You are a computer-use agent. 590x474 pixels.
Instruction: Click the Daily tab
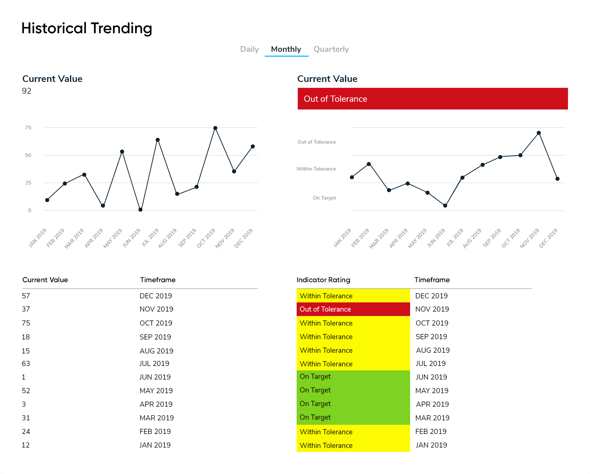(249, 49)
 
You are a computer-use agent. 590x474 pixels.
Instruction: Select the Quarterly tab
(331, 49)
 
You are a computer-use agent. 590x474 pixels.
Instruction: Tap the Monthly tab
(286, 49)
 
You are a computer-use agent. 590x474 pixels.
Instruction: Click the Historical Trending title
(87, 28)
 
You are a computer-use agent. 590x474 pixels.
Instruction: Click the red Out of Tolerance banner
(432, 99)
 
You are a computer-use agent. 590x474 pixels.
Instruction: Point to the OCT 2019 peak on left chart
(215, 128)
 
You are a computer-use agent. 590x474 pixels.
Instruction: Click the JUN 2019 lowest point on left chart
(140, 210)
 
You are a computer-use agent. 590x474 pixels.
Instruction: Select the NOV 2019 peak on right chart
(539, 133)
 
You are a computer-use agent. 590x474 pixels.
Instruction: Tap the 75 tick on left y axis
(28, 128)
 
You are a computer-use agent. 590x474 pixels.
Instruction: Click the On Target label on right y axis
(324, 198)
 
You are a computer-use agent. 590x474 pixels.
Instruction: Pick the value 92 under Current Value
(26, 91)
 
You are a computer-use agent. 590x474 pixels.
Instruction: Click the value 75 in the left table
(26, 323)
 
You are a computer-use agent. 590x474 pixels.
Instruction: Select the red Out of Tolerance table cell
(353, 309)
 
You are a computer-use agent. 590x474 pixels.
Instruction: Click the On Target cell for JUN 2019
(353, 377)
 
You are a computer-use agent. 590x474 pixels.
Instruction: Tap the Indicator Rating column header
(323, 280)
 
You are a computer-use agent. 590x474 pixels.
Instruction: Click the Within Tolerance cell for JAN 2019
(353, 445)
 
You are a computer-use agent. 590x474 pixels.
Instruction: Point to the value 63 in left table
(26, 363)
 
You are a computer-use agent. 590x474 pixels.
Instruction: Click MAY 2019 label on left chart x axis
(113, 238)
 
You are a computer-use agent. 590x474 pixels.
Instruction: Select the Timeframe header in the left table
(158, 280)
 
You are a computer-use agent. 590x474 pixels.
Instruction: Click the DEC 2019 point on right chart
(557, 179)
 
